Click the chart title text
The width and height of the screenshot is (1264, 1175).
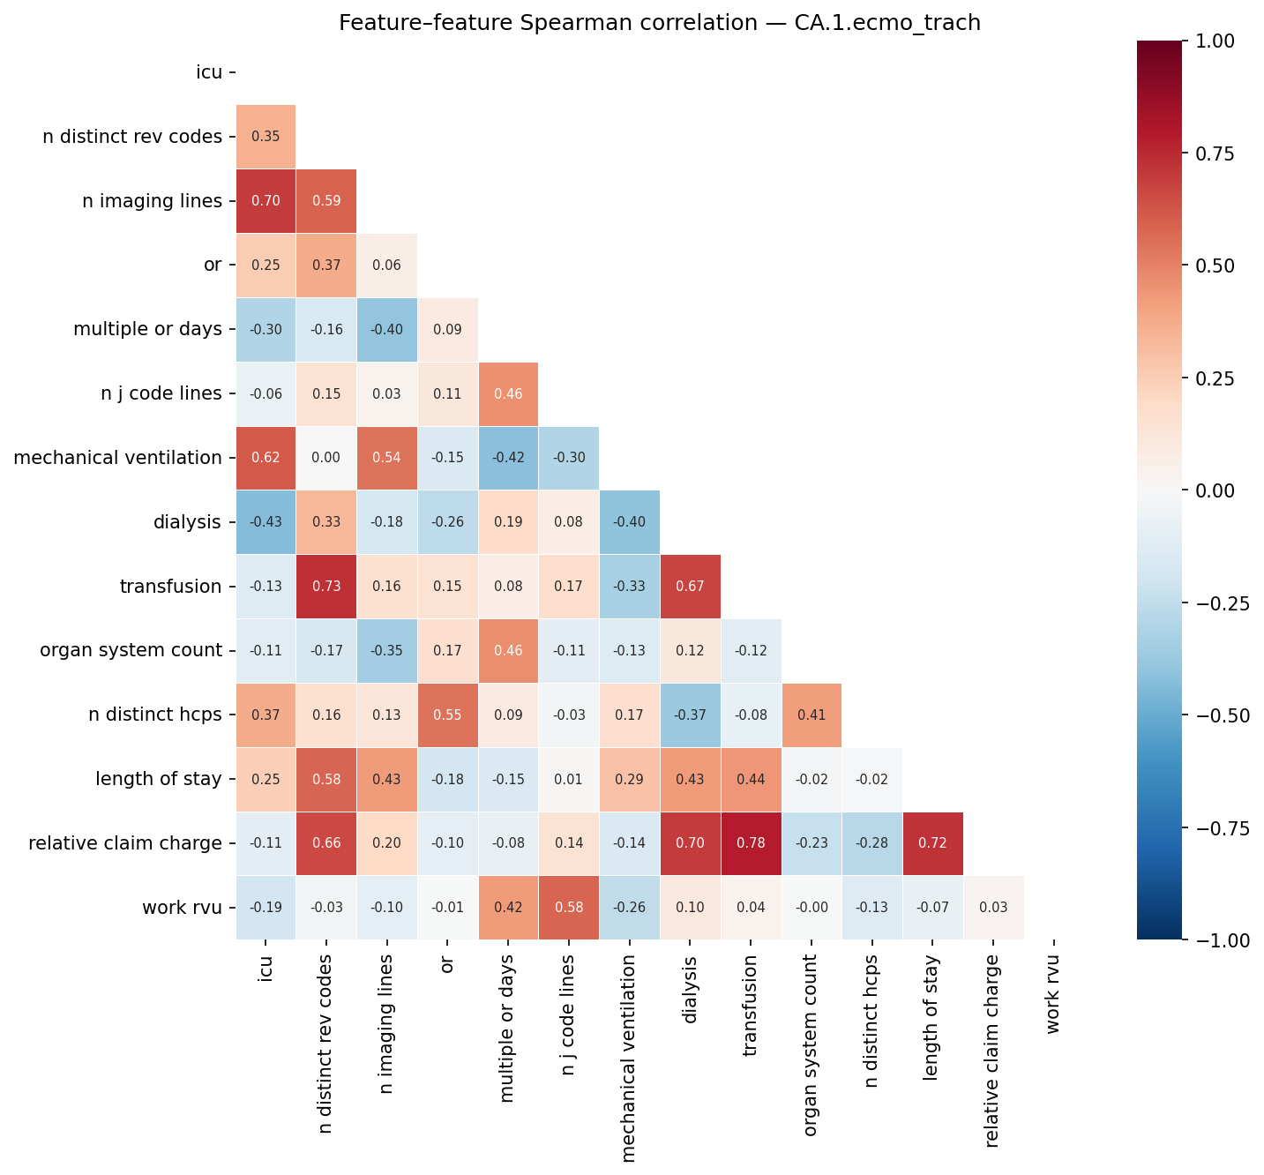(x=659, y=23)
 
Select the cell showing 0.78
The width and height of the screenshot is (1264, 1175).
(x=751, y=843)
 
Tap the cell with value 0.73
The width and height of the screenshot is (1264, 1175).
(x=326, y=587)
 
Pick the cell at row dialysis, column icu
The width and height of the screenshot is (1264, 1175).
(x=266, y=522)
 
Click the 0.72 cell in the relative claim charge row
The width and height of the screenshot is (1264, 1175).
(x=933, y=843)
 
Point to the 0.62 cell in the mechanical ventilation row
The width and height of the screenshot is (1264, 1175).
(x=266, y=458)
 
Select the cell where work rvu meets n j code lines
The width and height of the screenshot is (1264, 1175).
(x=569, y=908)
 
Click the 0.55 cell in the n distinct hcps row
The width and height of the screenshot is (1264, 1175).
(x=447, y=715)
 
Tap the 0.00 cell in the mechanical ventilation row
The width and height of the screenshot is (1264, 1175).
(x=326, y=458)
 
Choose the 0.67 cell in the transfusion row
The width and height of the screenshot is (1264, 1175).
(x=691, y=587)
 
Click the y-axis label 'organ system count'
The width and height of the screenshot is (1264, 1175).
(x=131, y=651)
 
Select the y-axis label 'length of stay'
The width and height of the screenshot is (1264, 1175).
(x=159, y=780)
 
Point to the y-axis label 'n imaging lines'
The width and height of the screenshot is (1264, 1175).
(x=152, y=201)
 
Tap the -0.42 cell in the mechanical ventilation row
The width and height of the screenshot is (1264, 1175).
(x=508, y=458)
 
